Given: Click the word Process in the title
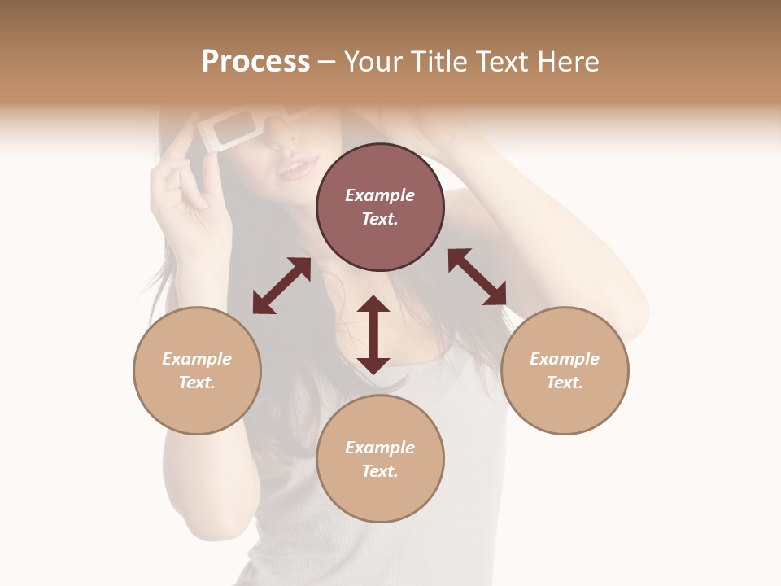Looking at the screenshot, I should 255,62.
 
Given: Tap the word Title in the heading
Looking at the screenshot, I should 436,62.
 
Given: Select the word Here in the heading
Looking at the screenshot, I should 566,62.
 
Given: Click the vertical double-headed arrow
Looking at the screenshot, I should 373,335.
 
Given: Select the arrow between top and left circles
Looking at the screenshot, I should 281,286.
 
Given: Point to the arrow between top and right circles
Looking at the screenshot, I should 477,277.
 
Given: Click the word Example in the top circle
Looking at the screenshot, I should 380,195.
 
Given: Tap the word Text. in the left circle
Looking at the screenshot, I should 197,383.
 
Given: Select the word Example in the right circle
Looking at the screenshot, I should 565,359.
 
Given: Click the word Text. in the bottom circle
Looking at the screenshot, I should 380,471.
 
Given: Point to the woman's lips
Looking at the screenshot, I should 296,168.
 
